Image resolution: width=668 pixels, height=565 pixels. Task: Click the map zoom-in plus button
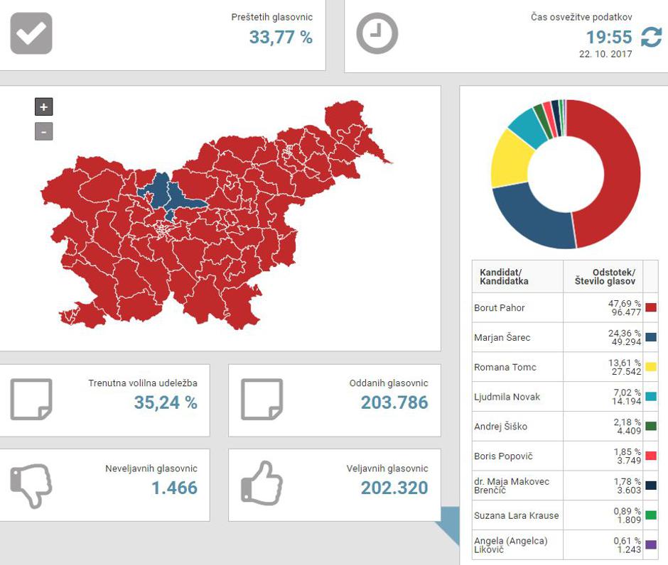(x=44, y=107)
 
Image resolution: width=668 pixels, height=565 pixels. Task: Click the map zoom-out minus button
(x=44, y=131)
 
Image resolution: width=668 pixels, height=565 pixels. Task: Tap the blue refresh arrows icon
(x=651, y=37)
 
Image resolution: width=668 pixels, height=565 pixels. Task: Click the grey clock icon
(x=377, y=33)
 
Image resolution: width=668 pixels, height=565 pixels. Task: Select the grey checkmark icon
(x=31, y=33)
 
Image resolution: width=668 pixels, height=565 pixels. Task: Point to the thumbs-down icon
(x=31, y=486)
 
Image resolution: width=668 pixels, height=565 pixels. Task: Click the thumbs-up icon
(x=262, y=484)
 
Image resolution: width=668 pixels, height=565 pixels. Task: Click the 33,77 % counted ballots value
(x=281, y=38)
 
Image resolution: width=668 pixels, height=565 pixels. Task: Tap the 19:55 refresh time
(x=608, y=37)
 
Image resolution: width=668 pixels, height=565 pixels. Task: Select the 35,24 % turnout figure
(x=166, y=403)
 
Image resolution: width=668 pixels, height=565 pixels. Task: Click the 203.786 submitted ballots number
(x=394, y=403)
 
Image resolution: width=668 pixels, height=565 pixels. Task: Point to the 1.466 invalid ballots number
(x=174, y=488)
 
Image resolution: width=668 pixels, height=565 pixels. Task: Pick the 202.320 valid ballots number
(x=394, y=488)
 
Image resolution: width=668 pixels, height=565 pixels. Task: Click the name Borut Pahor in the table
(x=500, y=308)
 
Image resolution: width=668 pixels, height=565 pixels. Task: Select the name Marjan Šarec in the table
(x=502, y=338)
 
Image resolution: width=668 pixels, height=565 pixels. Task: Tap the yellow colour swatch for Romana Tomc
(x=651, y=367)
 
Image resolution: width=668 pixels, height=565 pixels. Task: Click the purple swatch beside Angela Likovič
(x=651, y=546)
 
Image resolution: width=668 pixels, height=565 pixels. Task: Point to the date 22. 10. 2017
(x=605, y=54)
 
